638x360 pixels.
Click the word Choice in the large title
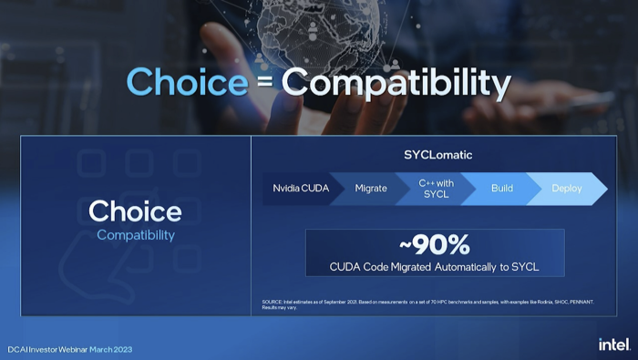tap(186, 82)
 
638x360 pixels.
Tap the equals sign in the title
tap(263, 84)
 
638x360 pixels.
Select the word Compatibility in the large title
tap(395, 83)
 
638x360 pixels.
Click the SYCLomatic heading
tap(437, 155)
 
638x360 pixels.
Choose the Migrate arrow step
tap(371, 189)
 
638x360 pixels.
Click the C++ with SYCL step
tap(436, 189)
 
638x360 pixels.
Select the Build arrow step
tap(502, 189)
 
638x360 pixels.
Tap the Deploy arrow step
tap(566, 189)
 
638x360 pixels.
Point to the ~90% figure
tap(435, 245)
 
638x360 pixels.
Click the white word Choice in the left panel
tap(135, 212)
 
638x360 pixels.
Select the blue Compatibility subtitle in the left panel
tap(135, 235)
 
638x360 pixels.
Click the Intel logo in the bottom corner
tap(613, 344)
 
